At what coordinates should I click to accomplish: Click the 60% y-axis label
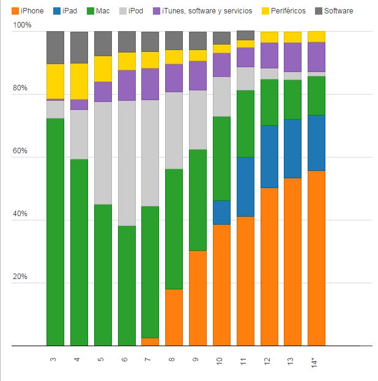(21, 151)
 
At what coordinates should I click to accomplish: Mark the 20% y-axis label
(21, 277)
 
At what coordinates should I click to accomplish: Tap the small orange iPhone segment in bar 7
(150, 342)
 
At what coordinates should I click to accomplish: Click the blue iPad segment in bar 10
(222, 212)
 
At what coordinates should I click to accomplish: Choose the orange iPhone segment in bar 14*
(316, 258)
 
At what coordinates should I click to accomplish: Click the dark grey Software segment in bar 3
(56, 48)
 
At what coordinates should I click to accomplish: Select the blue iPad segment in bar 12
(269, 156)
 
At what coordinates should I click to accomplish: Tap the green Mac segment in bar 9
(198, 200)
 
